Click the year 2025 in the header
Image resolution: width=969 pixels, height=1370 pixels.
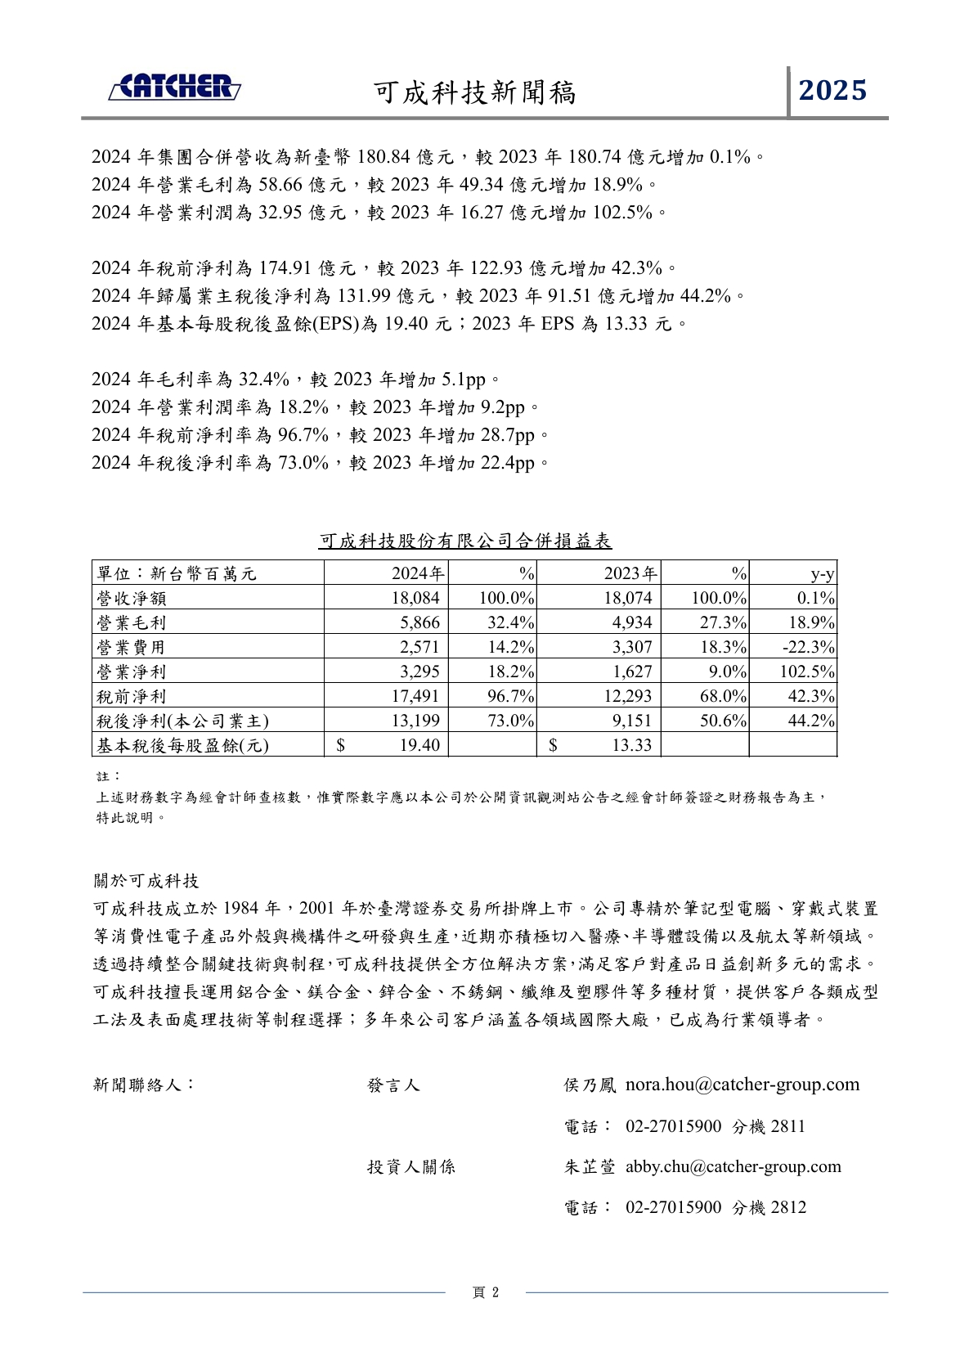832,90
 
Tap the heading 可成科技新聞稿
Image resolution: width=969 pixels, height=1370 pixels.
475,92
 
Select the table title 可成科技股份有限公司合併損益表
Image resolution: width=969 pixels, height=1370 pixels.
464,541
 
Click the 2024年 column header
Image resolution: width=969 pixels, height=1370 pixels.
418,573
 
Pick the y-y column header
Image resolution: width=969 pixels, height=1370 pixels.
822,574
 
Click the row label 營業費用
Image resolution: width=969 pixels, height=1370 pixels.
131,647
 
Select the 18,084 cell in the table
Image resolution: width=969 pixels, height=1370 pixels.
415,598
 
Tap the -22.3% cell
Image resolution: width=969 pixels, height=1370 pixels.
808,647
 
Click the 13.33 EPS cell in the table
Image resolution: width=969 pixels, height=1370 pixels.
632,744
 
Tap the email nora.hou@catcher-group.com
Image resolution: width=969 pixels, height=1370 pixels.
742,1085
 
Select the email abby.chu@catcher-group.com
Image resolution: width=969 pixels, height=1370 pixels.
733,1166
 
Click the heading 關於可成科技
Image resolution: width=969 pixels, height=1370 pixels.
146,881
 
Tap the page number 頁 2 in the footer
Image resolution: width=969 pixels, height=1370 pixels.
485,1292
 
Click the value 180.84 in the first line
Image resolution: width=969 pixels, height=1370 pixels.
384,156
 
